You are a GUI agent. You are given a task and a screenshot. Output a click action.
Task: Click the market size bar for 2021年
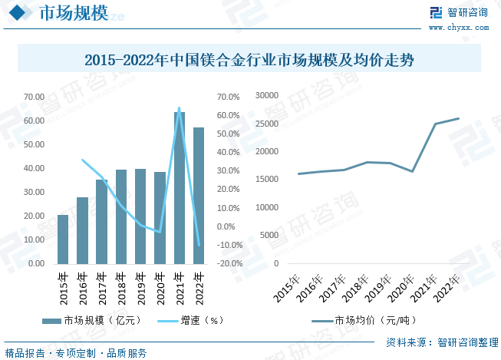pos(180,187)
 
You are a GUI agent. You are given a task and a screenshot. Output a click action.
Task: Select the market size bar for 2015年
pos(63,239)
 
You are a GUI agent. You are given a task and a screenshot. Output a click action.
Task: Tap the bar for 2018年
pos(121,216)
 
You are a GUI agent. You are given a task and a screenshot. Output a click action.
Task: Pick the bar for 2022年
pos(199,195)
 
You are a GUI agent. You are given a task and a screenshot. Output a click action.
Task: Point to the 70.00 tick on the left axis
pos(34,97)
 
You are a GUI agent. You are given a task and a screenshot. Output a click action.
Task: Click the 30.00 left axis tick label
pos(34,192)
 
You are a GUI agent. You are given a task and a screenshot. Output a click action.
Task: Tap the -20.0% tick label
pos(230,263)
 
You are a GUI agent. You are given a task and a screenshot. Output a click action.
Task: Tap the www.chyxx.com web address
pos(458,28)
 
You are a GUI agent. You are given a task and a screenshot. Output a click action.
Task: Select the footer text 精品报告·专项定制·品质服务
pos(76,353)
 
